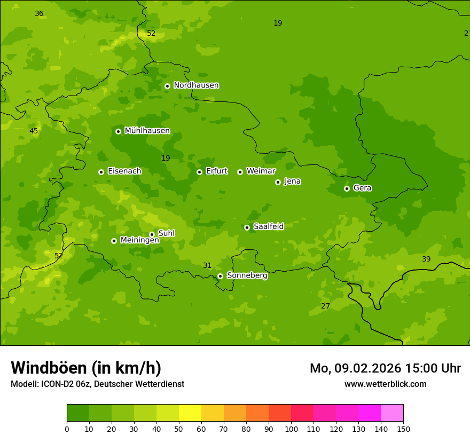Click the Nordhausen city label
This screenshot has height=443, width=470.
coord(196,85)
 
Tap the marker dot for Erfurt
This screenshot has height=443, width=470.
coord(199,172)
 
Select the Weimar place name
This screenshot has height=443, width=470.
coord(261,171)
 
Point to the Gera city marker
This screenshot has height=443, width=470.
coord(347,188)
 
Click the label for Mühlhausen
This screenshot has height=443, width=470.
coord(147,131)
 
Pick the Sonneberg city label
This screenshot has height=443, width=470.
coord(247,275)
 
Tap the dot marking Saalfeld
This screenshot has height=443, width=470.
coord(247,227)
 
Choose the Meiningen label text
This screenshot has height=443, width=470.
coord(139,240)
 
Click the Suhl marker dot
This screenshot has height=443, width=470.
coord(152,234)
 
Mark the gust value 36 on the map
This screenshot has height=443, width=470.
coord(39,13)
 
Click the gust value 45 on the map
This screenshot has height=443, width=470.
coord(34,131)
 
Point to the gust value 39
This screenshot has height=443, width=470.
coord(426,259)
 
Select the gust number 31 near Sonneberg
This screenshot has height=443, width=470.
coord(207,265)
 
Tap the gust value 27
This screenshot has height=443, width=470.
coord(325,306)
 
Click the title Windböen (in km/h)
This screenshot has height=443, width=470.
coord(86,368)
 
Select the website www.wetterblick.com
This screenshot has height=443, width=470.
coord(385,384)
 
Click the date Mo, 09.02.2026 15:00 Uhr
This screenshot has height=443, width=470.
coord(385,368)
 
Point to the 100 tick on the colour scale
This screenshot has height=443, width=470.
coord(291,429)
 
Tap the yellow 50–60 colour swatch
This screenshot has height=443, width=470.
coord(190,413)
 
